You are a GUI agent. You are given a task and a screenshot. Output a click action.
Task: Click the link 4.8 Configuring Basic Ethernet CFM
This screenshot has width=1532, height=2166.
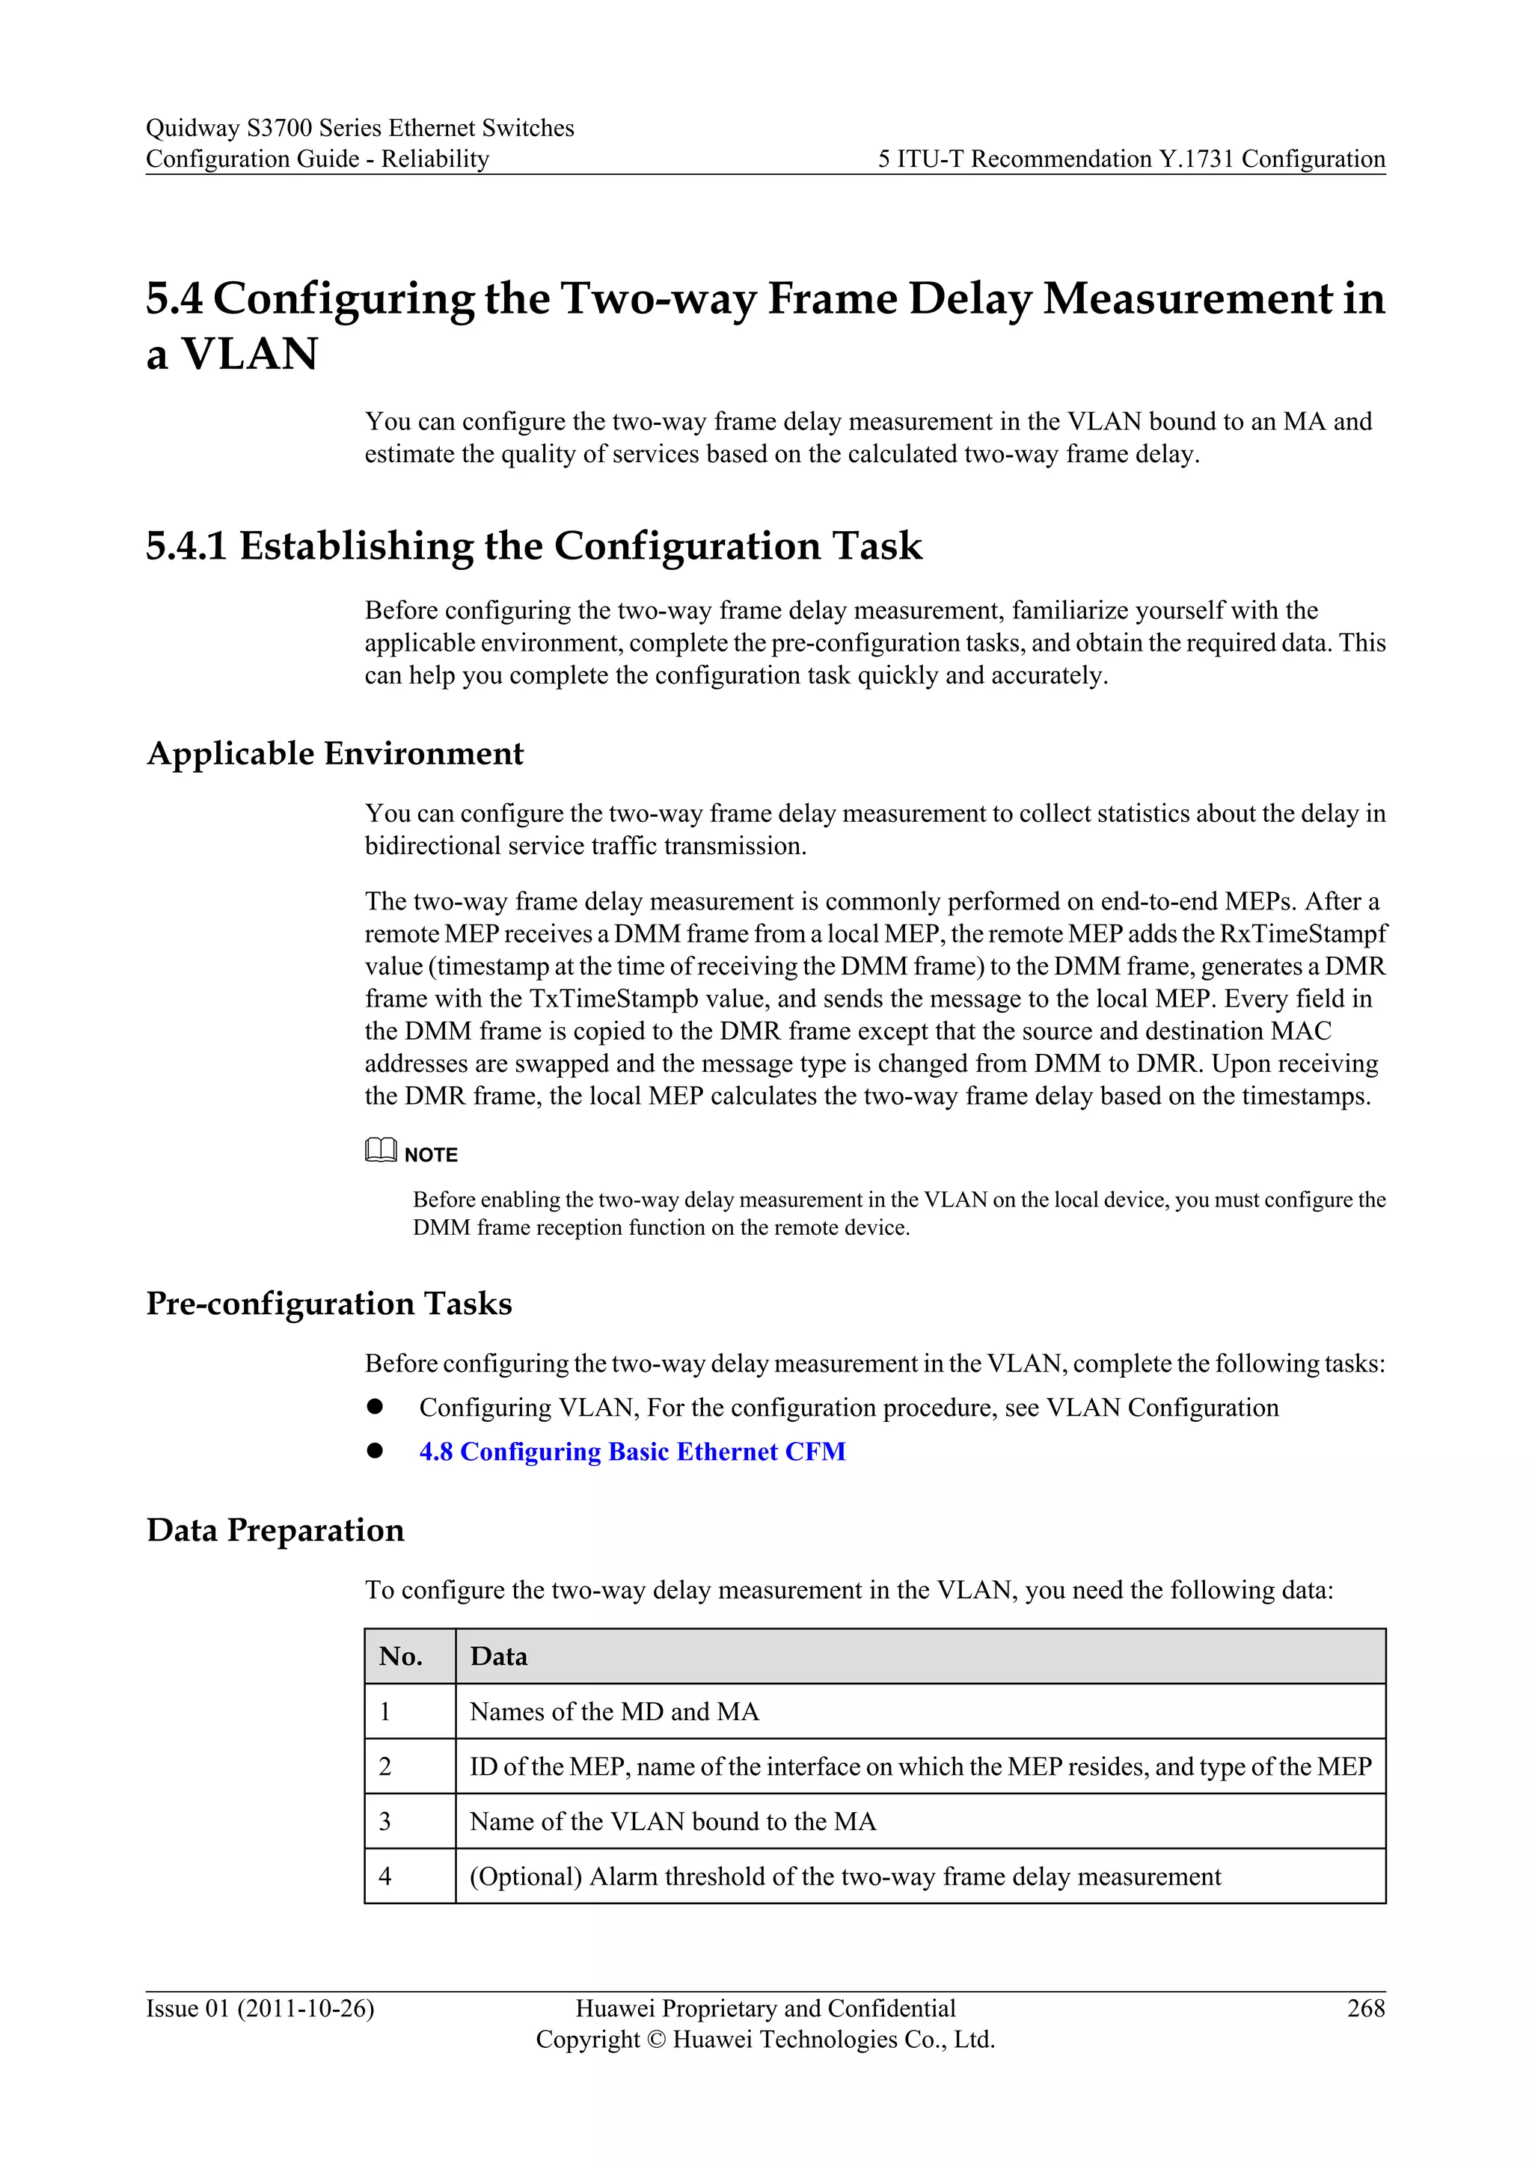(x=632, y=1451)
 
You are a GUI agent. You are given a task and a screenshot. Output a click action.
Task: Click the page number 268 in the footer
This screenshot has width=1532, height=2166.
(x=1365, y=2007)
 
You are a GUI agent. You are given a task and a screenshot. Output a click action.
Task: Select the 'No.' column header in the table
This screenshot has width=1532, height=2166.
(x=401, y=1656)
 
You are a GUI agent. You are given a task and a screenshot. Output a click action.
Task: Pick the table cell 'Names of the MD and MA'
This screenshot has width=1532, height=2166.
(x=614, y=1711)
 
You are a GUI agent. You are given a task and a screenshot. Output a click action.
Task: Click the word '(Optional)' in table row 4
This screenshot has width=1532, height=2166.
(x=525, y=1877)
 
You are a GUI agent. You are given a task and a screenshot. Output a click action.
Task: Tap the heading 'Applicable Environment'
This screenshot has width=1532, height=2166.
(x=335, y=753)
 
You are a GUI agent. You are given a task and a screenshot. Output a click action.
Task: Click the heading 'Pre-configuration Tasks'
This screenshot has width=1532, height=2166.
(x=329, y=1303)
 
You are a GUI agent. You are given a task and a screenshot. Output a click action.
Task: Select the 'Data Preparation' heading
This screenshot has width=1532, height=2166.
(x=275, y=1530)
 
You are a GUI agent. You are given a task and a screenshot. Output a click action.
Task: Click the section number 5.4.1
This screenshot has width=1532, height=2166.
(x=186, y=545)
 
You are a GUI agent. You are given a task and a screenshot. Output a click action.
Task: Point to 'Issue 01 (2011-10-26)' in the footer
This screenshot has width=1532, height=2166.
(x=260, y=2007)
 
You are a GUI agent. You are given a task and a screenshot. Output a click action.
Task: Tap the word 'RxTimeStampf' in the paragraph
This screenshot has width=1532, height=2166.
(x=1303, y=934)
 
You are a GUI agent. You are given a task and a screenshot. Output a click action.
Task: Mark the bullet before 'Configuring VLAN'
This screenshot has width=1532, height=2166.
(x=376, y=1407)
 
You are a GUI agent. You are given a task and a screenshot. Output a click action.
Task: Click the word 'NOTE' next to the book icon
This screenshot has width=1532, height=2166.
(x=431, y=1155)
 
